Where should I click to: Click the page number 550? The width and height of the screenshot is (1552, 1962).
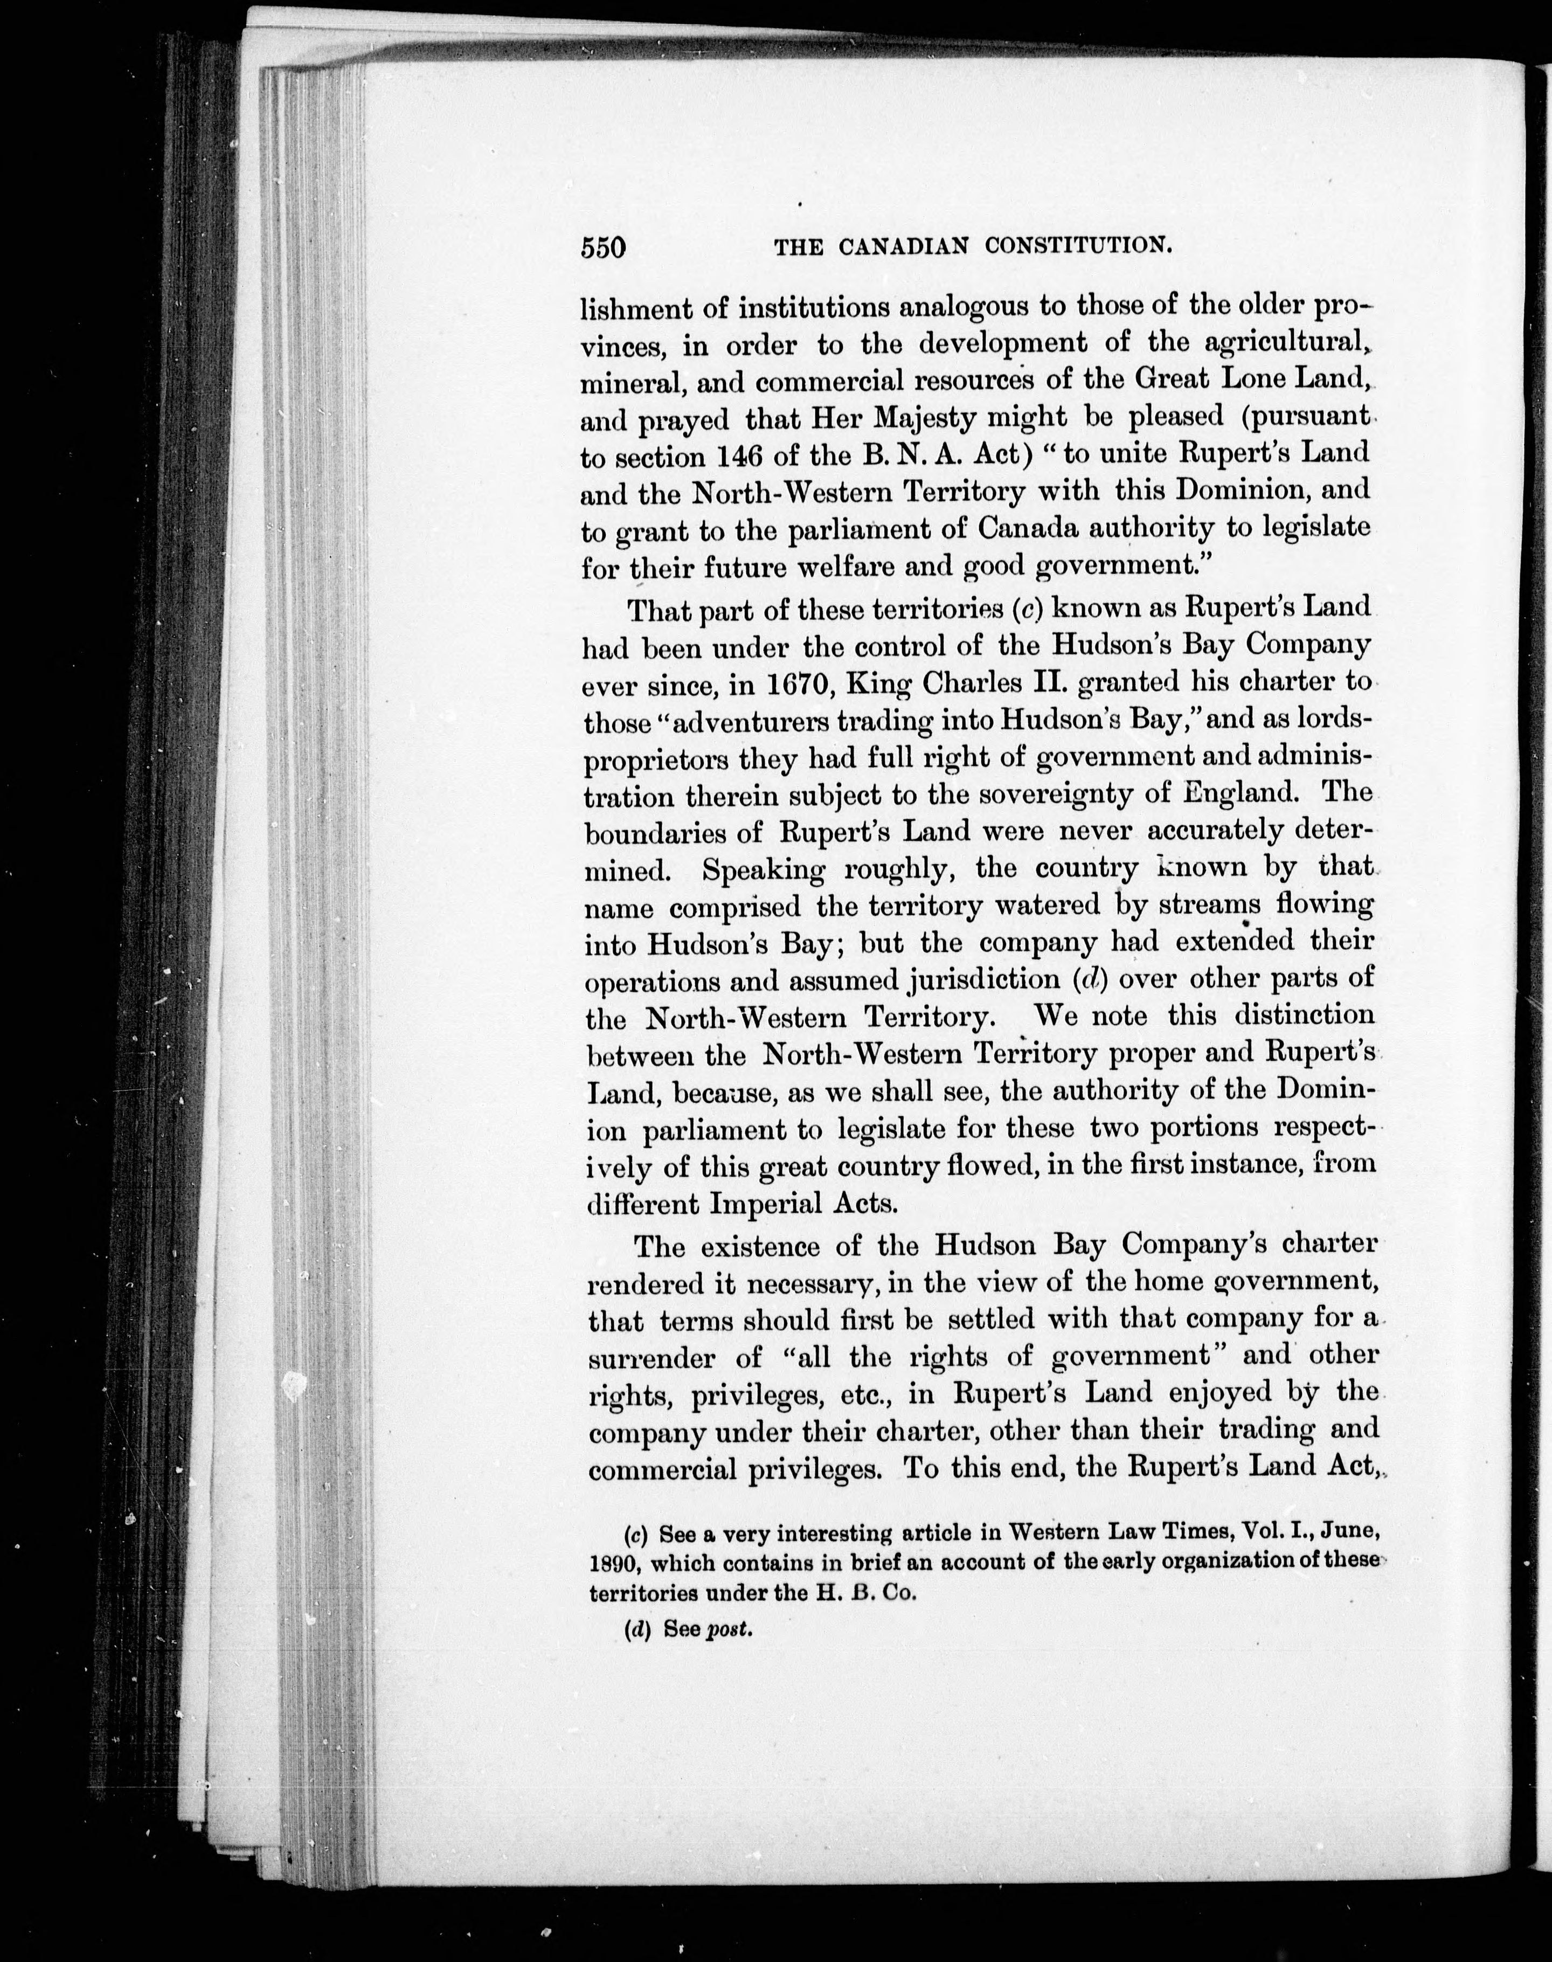click(x=604, y=247)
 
